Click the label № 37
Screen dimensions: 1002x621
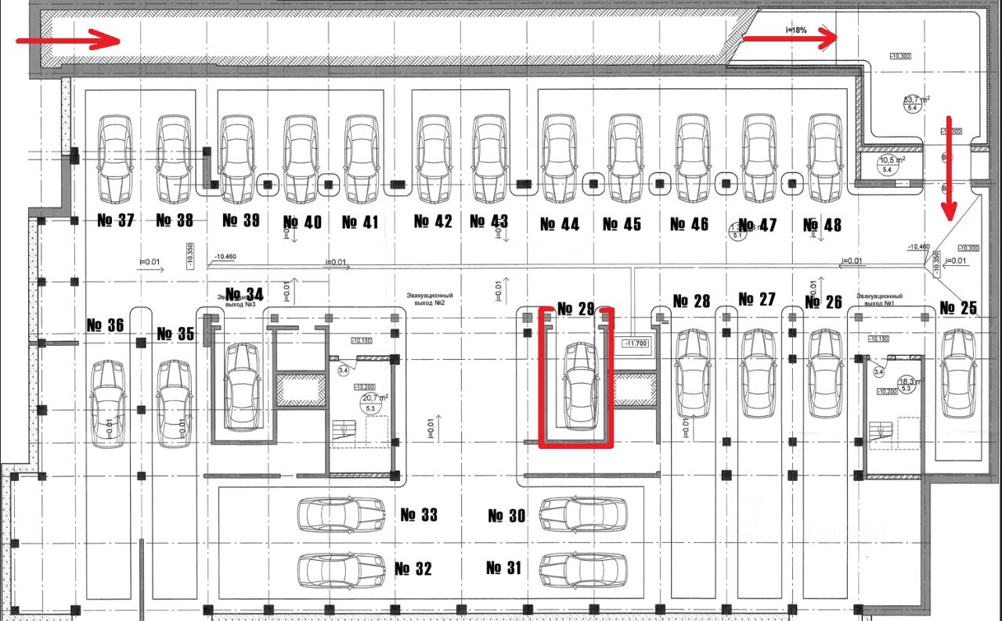click(x=116, y=221)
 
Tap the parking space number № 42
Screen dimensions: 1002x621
click(x=433, y=222)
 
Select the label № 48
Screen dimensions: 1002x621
click(x=823, y=225)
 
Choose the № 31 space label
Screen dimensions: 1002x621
click(x=504, y=568)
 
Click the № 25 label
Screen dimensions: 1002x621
click(x=958, y=308)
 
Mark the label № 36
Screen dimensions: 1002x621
click(x=105, y=325)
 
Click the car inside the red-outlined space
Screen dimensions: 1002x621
click(x=580, y=386)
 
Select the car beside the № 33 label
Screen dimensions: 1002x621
click(x=341, y=515)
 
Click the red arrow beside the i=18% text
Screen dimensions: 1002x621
click(x=790, y=37)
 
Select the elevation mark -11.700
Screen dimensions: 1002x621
click(x=635, y=343)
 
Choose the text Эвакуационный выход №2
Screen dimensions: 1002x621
click(x=430, y=299)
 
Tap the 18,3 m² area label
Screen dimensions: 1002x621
click(x=907, y=381)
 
